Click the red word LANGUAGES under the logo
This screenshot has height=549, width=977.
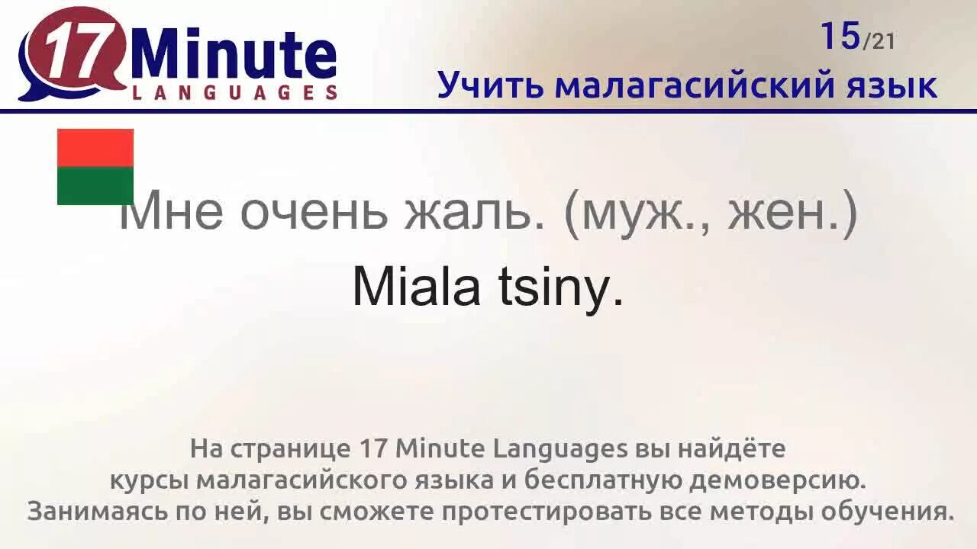coord(234,92)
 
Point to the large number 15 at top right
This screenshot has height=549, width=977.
coord(840,37)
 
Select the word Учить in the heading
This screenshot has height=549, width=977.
coord(489,85)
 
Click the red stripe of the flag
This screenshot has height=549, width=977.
coord(95,147)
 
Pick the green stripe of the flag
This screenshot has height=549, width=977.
coord(95,185)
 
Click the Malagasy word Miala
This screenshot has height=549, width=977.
coord(416,287)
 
